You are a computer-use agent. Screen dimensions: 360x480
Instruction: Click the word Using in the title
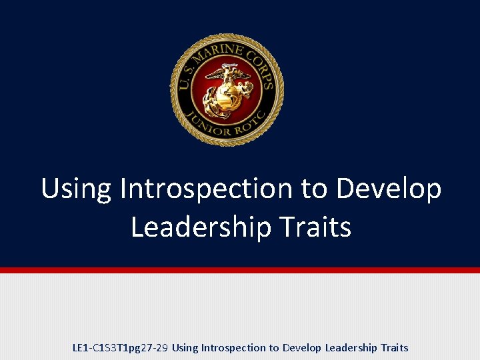(77, 189)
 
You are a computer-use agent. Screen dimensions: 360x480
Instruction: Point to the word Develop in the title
(388, 190)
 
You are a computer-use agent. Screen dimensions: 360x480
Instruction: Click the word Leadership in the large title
(201, 228)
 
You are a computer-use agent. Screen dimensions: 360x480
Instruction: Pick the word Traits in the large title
(314, 227)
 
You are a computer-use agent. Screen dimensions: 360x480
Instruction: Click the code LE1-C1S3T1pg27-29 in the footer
(120, 348)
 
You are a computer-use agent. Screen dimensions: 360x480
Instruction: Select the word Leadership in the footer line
(350, 348)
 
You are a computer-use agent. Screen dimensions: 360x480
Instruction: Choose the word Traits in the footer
(394, 348)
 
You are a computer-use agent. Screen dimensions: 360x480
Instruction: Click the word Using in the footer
(185, 348)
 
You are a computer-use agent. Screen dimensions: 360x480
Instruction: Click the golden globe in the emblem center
(227, 96)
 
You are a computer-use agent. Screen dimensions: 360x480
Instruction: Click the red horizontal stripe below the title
(240, 270)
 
